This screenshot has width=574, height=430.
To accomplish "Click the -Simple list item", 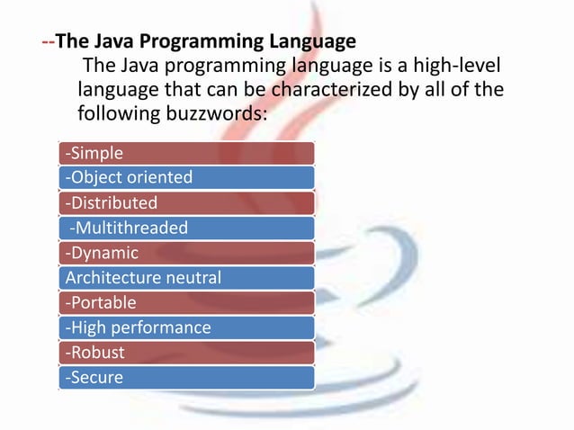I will (x=186, y=153).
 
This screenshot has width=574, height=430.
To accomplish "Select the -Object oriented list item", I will (x=186, y=177).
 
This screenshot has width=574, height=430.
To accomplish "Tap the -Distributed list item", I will (x=186, y=202).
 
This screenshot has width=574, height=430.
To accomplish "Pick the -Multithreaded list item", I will (x=186, y=228).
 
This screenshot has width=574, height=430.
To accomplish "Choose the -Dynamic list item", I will (x=186, y=253).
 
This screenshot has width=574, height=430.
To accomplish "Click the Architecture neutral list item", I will (x=186, y=278).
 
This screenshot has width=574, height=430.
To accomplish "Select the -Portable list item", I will (x=186, y=302).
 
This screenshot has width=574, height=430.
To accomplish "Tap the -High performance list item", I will (x=186, y=327).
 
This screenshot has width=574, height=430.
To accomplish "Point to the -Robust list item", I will (x=186, y=353).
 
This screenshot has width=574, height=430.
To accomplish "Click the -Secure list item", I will (x=186, y=378).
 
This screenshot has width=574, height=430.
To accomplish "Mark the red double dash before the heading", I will (x=49, y=41).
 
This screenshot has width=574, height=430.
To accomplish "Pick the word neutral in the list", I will (x=192, y=278).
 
